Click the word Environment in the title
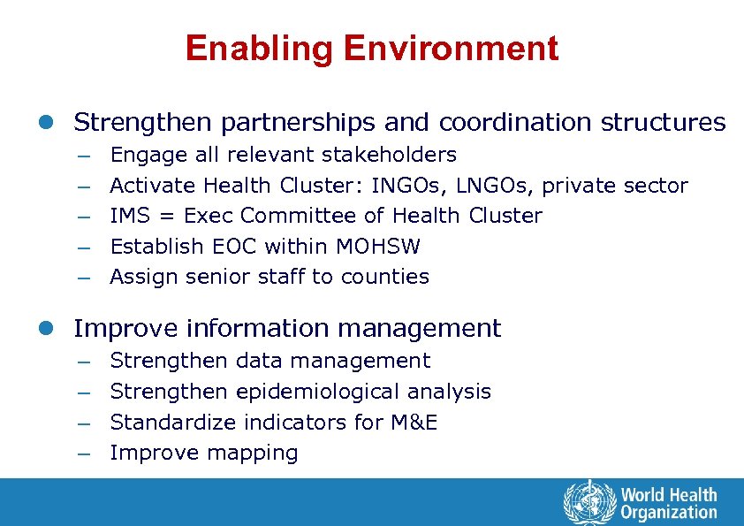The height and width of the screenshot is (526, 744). (451, 48)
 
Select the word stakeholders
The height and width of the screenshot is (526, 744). (389, 155)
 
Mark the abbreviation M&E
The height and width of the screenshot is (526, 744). (414, 423)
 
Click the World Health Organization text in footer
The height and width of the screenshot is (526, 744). (668, 503)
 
